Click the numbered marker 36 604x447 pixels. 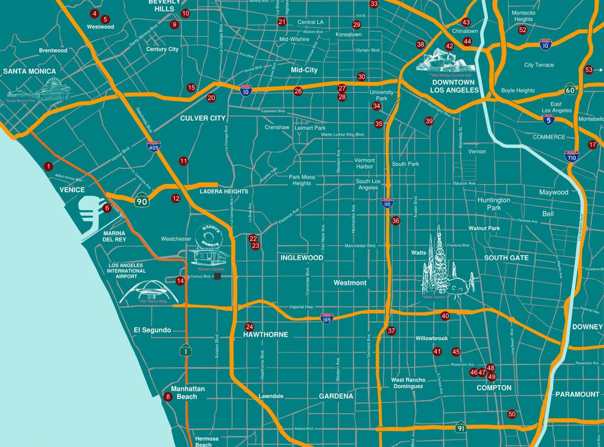396,220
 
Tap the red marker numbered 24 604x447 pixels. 249,326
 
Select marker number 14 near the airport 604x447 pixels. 180,281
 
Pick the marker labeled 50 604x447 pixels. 512,414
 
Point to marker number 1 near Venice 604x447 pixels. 48,166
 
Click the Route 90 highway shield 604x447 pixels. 141,201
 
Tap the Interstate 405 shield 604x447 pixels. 154,146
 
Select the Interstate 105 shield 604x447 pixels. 327,318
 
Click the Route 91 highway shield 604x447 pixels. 461,427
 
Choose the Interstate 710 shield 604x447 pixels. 571,157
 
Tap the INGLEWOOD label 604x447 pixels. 301,258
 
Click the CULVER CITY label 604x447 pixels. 203,118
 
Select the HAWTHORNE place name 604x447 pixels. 265,335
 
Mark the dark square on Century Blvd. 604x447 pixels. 217,276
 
